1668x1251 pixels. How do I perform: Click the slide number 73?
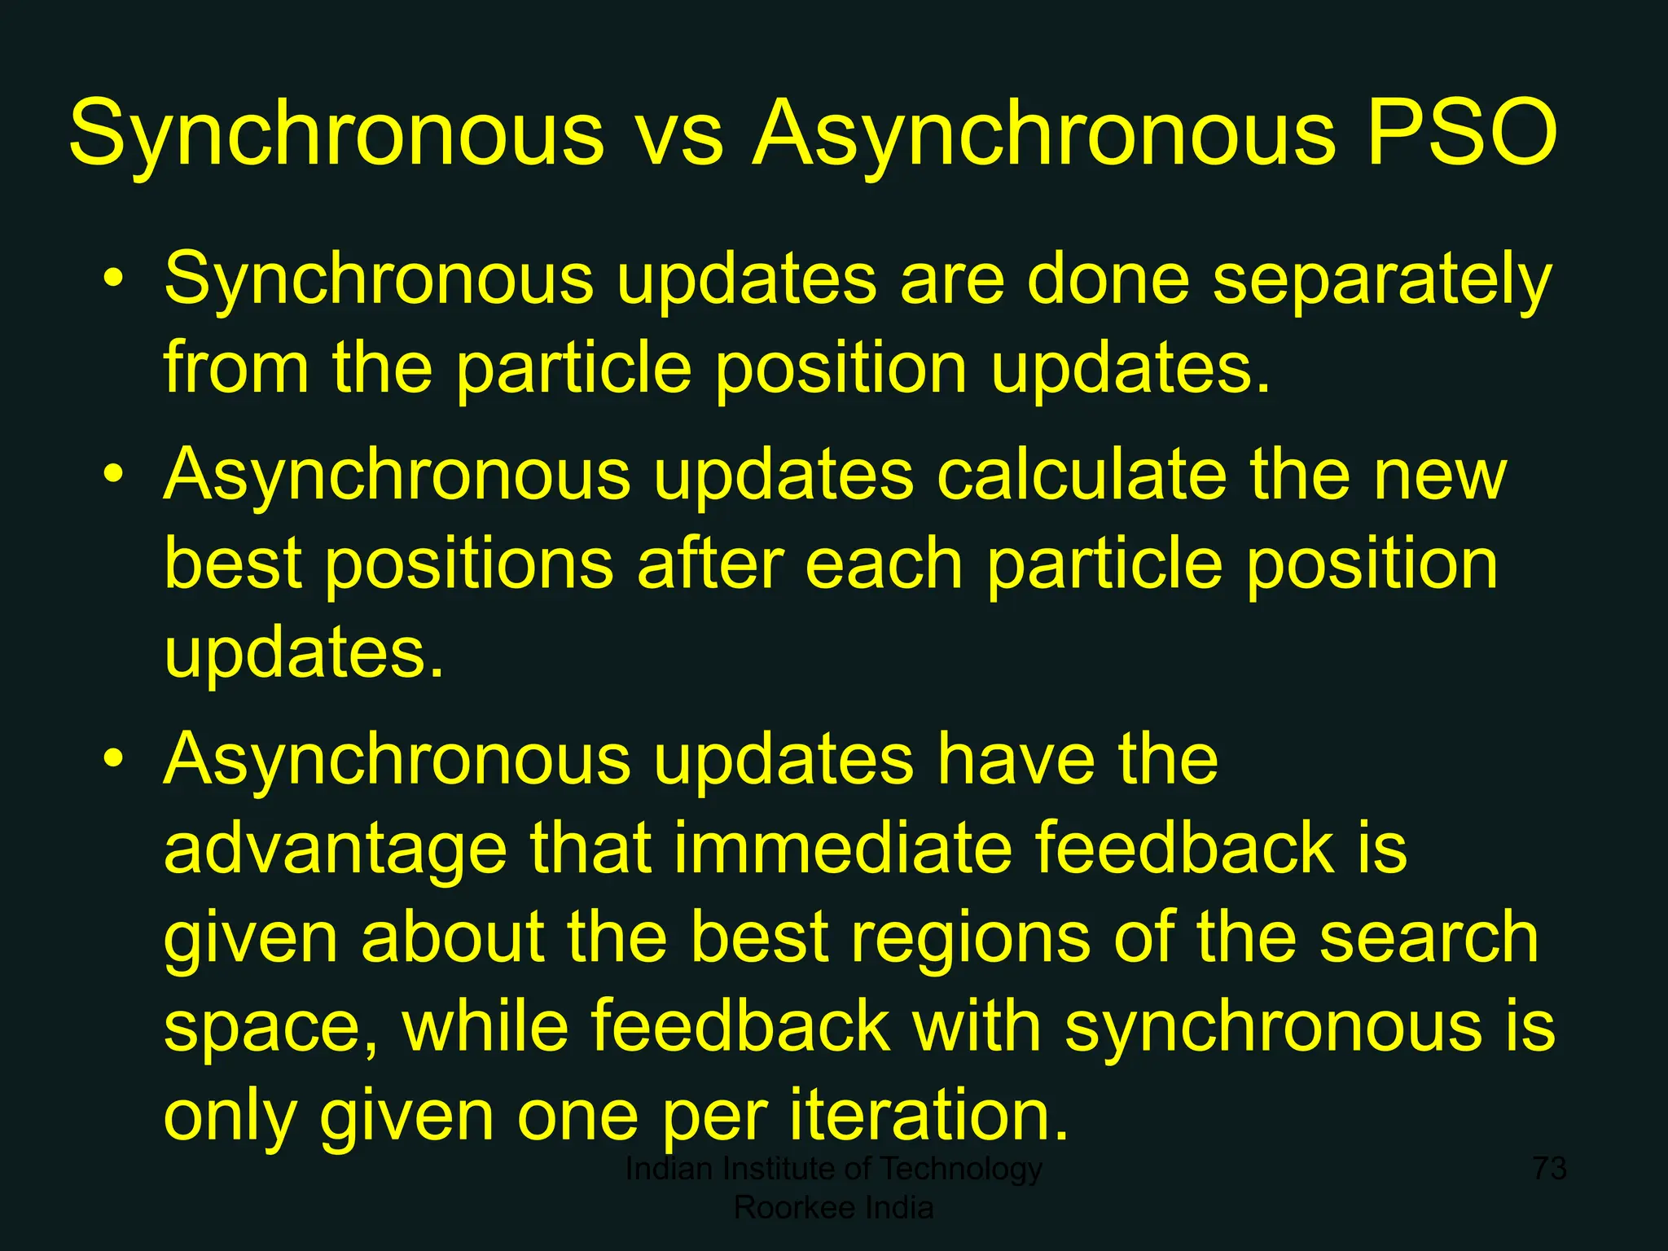[1549, 1168]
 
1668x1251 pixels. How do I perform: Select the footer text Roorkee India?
[833, 1207]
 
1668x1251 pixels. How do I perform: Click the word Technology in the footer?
[961, 1168]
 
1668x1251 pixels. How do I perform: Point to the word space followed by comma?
[269, 1028]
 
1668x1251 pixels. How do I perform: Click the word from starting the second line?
[236, 367]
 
